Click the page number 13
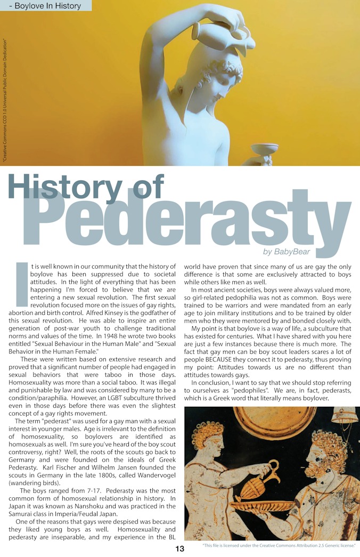tap(180, 548)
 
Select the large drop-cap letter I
tap(21, 285)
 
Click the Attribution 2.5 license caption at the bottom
tap(280, 546)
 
